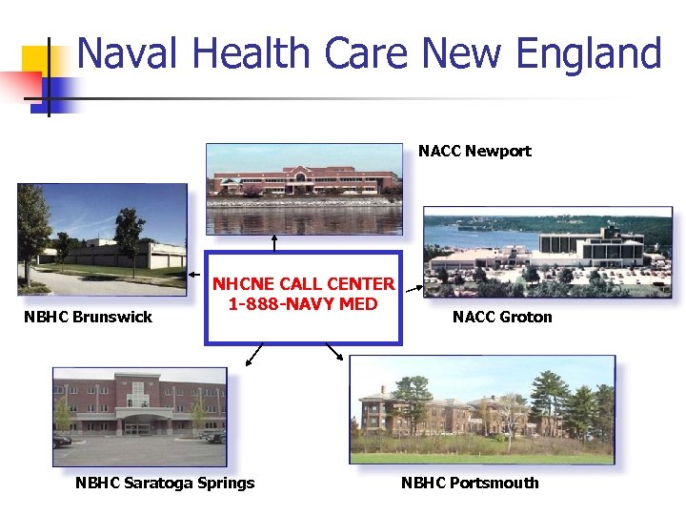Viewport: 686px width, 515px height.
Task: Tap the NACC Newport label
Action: pos(474,151)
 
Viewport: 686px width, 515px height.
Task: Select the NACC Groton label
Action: pos(502,317)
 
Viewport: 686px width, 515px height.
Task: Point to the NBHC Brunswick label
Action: pos(88,317)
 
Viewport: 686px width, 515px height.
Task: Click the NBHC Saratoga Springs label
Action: pos(165,483)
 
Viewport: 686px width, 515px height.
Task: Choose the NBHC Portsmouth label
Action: pos(470,483)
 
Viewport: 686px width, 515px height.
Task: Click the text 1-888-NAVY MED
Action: pos(303,304)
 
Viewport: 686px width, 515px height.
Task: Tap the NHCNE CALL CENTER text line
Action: pos(303,284)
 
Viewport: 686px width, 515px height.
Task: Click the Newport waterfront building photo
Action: pos(305,188)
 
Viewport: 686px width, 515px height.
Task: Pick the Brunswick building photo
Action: pos(102,238)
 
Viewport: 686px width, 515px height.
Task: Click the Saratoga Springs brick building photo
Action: pos(140,415)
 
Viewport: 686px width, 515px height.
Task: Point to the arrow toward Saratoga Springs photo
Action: pos(253,356)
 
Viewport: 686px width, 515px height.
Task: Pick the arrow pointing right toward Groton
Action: pos(412,284)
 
